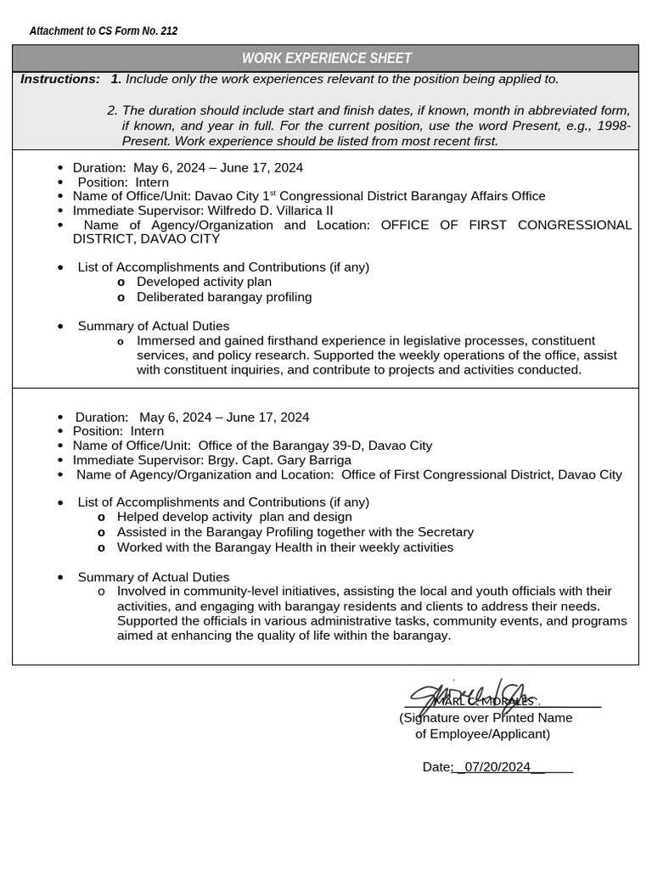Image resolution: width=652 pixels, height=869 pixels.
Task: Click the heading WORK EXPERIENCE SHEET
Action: (x=326, y=59)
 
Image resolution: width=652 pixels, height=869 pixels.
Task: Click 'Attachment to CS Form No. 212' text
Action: (x=104, y=31)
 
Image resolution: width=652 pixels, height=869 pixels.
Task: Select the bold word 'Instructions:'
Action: (x=59, y=79)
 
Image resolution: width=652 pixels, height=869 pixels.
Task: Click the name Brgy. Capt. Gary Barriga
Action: (x=279, y=460)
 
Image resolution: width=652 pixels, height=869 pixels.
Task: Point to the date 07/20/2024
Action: (x=493, y=767)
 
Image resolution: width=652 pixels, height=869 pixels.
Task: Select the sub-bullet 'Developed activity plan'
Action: (x=204, y=282)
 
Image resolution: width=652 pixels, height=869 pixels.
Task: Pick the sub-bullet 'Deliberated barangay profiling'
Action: (x=224, y=297)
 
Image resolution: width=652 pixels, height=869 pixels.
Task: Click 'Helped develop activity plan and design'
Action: (x=234, y=517)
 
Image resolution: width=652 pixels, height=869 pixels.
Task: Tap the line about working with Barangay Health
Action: (x=284, y=547)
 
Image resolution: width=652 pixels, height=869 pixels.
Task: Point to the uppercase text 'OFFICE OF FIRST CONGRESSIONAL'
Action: (x=506, y=225)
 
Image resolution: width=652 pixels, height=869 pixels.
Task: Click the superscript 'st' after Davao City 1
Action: (x=273, y=193)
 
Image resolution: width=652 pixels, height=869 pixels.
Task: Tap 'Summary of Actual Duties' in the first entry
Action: (x=153, y=326)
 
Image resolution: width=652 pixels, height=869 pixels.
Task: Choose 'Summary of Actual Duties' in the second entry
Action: (x=153, y=577)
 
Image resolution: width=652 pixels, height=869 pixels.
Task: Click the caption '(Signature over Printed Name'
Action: (x=486, y=718)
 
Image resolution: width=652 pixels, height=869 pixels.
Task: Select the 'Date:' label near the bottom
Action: (x=436, y=767)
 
